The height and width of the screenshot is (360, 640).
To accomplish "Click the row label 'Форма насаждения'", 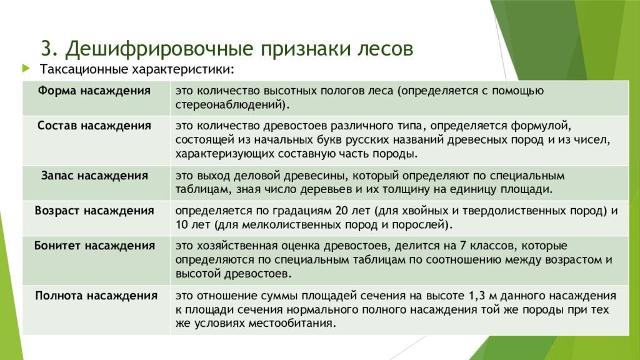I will [x=94, y=91].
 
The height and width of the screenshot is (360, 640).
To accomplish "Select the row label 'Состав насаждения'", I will [x=94, y=126].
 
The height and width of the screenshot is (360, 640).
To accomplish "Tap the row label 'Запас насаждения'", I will [x=94, y=176].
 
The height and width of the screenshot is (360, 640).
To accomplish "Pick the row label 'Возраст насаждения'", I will [x=94, y=211].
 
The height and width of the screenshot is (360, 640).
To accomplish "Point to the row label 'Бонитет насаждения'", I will [x=94, y=245].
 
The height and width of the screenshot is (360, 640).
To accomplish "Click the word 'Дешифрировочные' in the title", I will [x=160, y=47].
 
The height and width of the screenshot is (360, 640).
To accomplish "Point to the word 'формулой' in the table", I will [x=545, y=126].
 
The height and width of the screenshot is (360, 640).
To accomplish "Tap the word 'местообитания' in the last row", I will [x=297, y=324].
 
